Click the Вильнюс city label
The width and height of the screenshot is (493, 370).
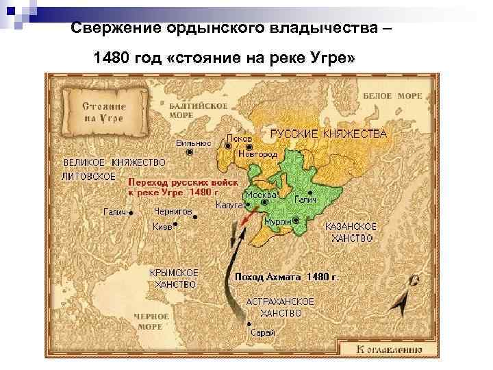pyautogui.click(x=188, y=143)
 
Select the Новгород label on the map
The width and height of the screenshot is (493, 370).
pyautogui.click(x=258, y=155)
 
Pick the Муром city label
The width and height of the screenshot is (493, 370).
pyautogui.click(x=278, y=221)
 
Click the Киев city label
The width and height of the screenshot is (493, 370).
pyautogui.click(x=162, y=226)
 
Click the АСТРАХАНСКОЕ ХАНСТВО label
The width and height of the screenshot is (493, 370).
pyautogui.click(x=280, y=307)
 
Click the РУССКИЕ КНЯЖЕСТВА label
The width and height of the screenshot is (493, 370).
pyautogui.click(x=328, y=134)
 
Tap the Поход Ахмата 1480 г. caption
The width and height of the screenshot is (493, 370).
pyautogui.click(x=286, y=277)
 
